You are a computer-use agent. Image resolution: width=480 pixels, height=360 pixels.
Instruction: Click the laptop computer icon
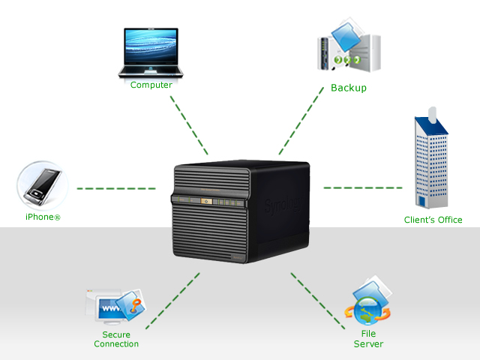coord(151,52)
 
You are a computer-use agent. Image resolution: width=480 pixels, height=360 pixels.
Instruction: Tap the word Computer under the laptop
coord(151,85)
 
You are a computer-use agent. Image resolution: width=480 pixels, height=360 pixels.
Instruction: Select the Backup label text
coord(349,88)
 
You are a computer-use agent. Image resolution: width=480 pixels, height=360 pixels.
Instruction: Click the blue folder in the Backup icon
coord(346,36)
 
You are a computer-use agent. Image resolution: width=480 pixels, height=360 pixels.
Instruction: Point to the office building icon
coord(431,158)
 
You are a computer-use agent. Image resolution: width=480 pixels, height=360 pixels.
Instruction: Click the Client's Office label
coord(433,220)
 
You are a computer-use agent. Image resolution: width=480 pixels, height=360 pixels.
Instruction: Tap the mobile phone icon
coord(43,186)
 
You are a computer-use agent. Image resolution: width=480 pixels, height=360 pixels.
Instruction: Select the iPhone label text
coord(43,217)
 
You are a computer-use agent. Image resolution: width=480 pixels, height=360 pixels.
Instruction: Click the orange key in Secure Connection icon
coord(136,305)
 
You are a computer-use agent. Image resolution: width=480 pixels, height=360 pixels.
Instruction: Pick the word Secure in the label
coord(116,334)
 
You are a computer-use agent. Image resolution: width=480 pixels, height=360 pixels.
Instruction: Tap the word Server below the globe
coord(368,344)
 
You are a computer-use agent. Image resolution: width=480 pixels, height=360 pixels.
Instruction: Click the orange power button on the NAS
coord(206,201)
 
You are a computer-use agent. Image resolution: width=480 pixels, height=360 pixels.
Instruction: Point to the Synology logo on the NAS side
coord(283,205)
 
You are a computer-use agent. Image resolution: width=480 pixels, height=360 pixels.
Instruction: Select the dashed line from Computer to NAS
coord(189,125)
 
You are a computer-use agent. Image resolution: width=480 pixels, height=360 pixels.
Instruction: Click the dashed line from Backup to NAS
coord(301,121)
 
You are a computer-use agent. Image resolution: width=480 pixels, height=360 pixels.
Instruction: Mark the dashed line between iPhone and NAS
coord(116,188)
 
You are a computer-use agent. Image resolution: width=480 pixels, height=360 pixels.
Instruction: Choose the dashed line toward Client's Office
coord(363,187)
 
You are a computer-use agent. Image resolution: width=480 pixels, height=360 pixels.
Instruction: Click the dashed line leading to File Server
coord(318,301)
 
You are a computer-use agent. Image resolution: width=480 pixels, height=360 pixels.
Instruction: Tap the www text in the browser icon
coord(111,308)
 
